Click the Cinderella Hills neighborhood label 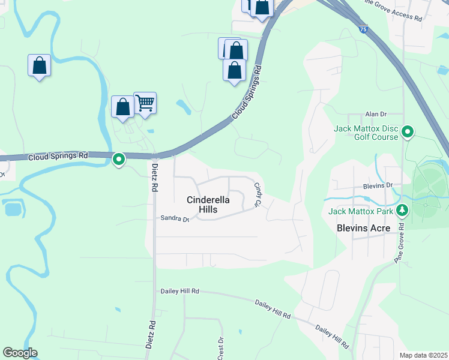tap(209, 205)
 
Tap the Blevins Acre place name tap(363, 228)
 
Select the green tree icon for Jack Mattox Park tap(404, 211)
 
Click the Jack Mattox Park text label tap(360, 211)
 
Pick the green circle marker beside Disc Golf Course tap(408, 131)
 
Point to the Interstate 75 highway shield tap(363, 29)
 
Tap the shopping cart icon tap(145, 103)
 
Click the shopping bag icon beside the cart tap(122, 107)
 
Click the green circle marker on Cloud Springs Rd tap(119, 159)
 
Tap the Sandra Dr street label tap(175, 218)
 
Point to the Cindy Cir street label tap(259, 196)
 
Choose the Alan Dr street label tap(376, 114)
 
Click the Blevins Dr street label tap(377, 186)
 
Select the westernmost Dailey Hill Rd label tap(179, 291)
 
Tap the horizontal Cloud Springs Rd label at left tap(58, 156)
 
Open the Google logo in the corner tap(20, 353)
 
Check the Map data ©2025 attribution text tap(423, 355)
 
